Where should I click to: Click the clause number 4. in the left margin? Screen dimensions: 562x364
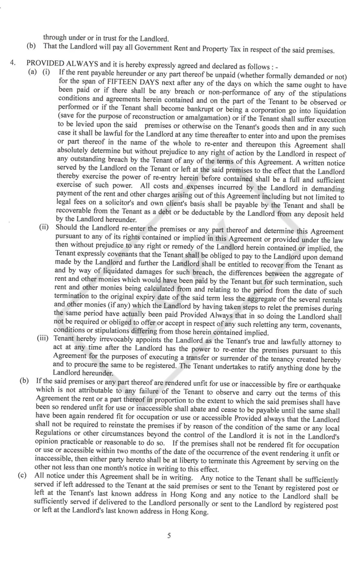pyautogui.click(x=13, y=63)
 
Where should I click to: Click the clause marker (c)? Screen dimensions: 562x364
pyautogui.click(x=22, y=475)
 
